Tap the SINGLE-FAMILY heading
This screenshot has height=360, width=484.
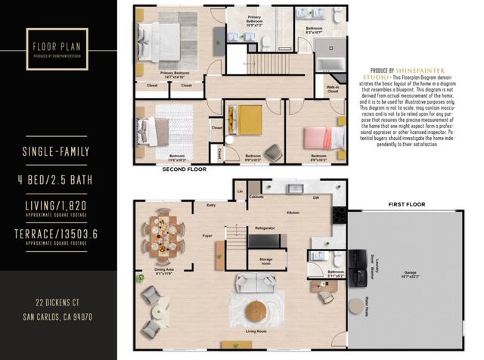pyautogui.click(x=59, y=151)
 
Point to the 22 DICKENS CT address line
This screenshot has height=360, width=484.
pyautogui.click(x=59, y=304)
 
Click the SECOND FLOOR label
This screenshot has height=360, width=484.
pyautogui.click(x=185, y=170)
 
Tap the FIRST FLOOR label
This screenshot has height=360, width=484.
pyautogui.click(x=406, y=204)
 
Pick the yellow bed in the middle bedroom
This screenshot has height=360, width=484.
pyautogui.click(x=247, y=119)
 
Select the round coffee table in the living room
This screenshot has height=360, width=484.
pyautogui.click(x=258, y=311)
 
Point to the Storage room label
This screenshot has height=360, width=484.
pyautogui.click(x=265, y=261)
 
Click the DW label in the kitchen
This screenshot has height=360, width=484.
pyautogui.click(x=316, y=197)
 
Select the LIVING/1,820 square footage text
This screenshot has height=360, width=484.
pyautogui.click(x=59, y=205)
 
